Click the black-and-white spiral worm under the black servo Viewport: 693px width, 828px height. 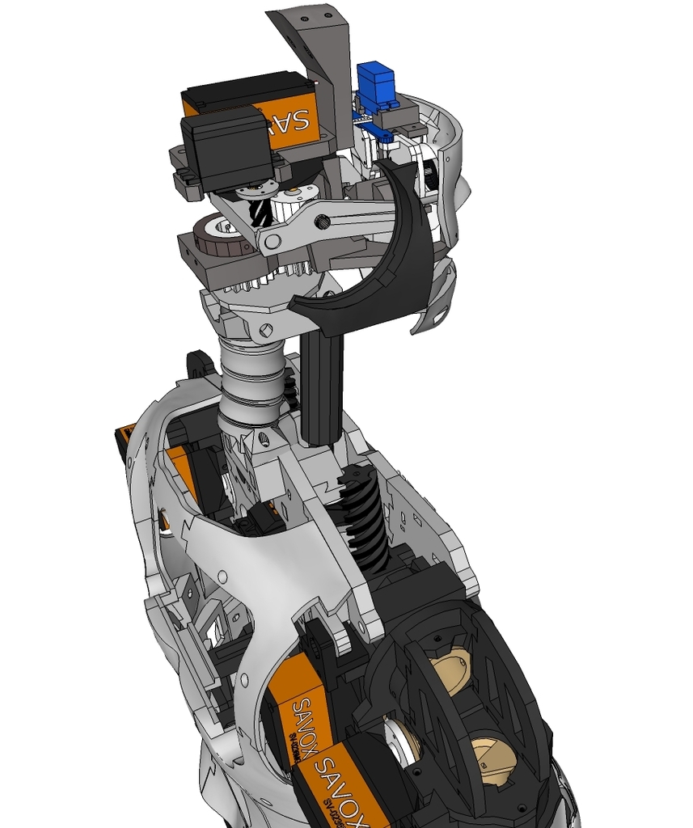260,213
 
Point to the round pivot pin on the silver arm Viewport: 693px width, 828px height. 273,241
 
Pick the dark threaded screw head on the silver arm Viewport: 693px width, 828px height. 322,222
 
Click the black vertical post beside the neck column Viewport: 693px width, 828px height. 322,388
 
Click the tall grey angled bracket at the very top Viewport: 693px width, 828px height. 319,49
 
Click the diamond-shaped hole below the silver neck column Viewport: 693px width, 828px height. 260,441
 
